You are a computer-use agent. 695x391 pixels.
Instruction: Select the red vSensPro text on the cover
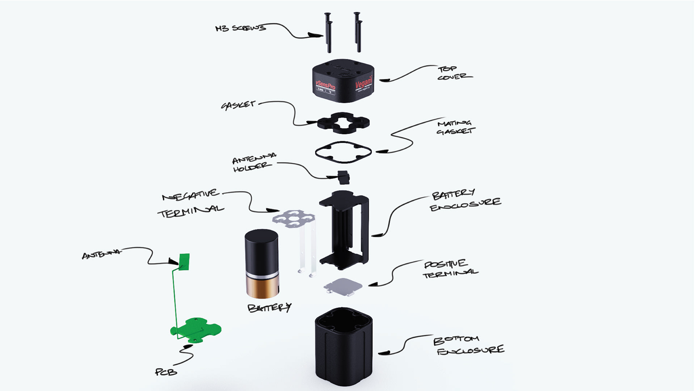point(325,84)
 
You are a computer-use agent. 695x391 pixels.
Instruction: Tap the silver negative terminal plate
point(294,219)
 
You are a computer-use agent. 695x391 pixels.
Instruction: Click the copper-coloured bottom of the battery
point(262,288)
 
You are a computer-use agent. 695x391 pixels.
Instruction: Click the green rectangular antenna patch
point(184,262)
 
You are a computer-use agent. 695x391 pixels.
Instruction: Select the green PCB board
point(195,329)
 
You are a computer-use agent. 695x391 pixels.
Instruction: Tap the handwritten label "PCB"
point(166,372)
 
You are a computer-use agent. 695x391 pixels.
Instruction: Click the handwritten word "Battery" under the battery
point(269,308)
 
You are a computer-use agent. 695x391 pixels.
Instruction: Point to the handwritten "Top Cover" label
point(454,73)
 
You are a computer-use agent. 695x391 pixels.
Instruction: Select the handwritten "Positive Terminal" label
point(450,269)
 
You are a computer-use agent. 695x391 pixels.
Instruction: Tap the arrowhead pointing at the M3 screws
point(316,35)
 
